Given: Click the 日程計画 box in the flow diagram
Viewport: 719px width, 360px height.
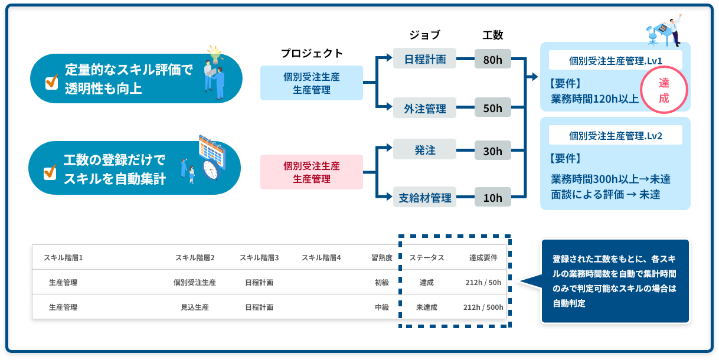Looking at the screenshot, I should pos(424,59).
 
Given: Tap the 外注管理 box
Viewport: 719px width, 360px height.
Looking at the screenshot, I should pos(424,108).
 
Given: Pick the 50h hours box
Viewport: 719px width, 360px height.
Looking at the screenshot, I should pos(492,108).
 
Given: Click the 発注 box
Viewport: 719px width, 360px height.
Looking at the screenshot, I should pos(424,150).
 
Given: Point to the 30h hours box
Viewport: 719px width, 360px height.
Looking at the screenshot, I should pos(492,151).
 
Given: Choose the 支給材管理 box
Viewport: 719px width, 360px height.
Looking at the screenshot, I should pos(424,197).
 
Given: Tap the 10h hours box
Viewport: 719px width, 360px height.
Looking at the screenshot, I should pos(492,198).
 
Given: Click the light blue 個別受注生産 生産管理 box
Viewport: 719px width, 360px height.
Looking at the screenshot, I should pos(311,83).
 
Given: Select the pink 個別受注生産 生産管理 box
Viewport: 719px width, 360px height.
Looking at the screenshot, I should pos(311,172).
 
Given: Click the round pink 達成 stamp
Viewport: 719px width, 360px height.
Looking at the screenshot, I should pos(664,90).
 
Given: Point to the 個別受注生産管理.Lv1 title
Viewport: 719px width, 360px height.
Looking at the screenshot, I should pos(615,60).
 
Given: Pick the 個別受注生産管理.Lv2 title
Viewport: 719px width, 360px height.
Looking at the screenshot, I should pos(615,135).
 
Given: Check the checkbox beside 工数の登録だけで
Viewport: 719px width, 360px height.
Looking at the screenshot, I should pos(51,172).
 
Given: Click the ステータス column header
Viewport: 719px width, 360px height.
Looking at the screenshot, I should pos(426,258).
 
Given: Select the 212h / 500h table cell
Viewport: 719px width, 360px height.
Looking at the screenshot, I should pos(483,307).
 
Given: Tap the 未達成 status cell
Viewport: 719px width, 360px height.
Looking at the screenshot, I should pos(426,307).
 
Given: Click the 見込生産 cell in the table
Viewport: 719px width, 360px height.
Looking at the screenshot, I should pos(194,307).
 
